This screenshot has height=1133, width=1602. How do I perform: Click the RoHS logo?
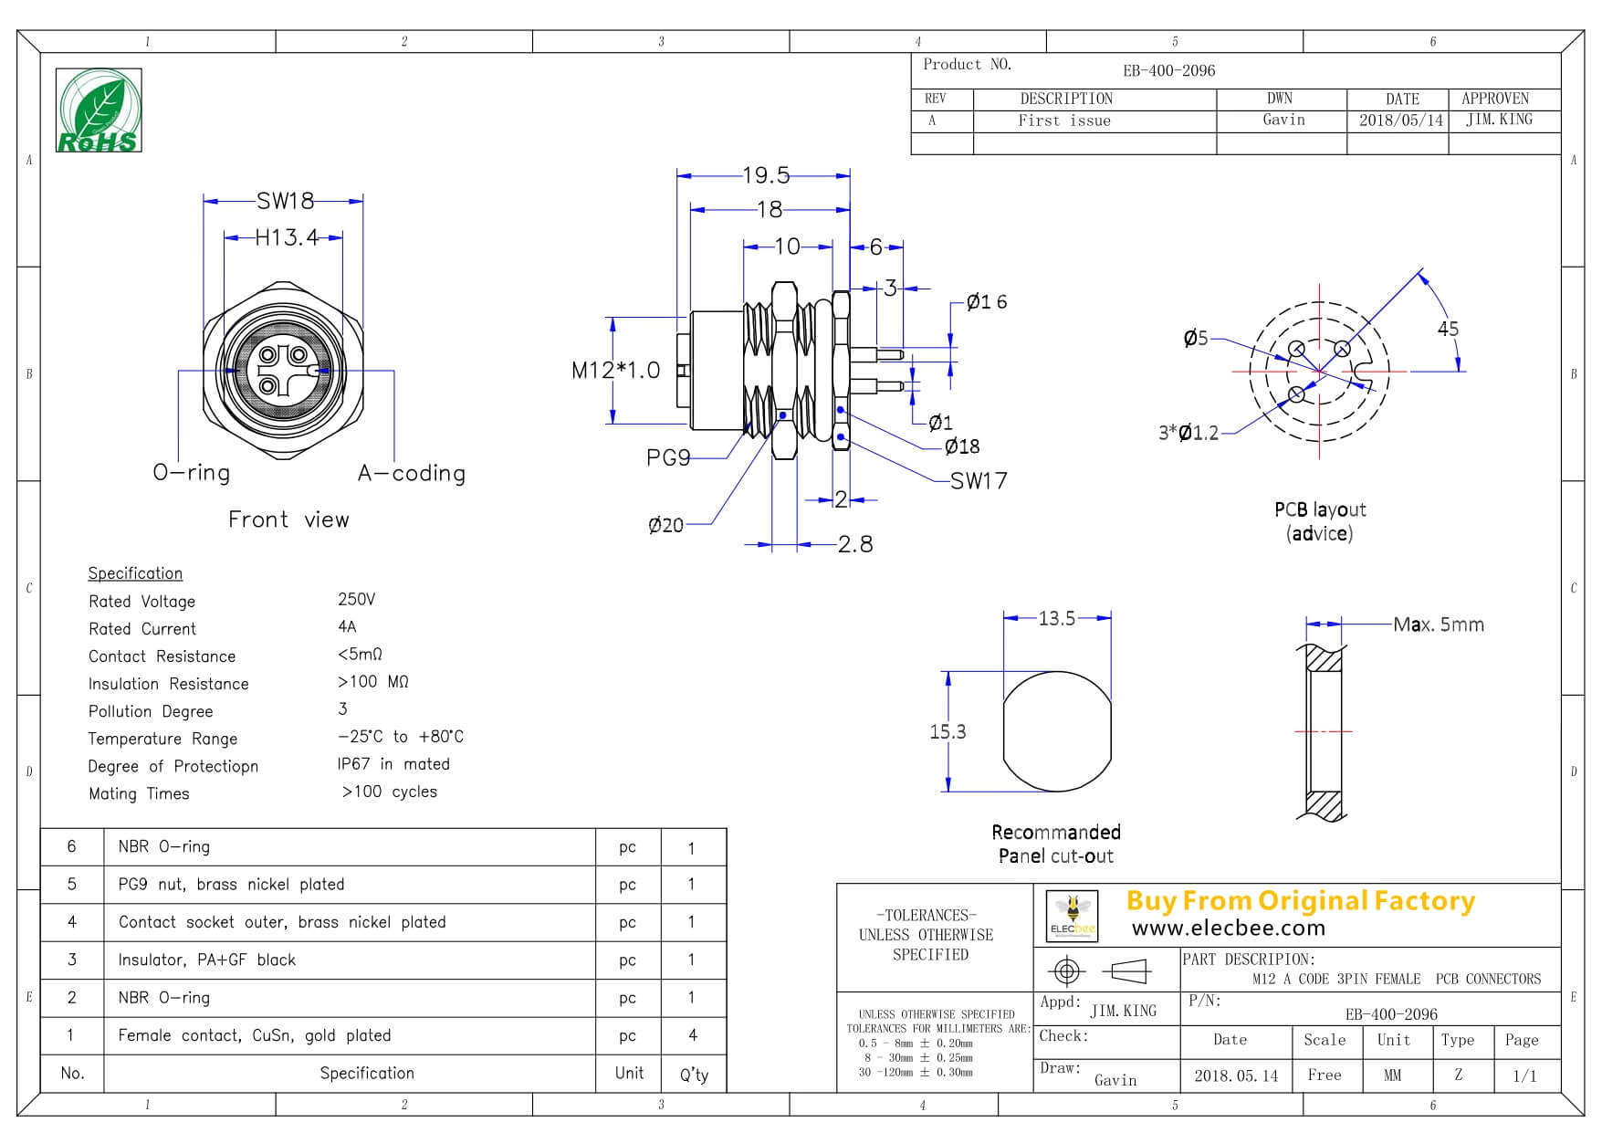tap(99, 110)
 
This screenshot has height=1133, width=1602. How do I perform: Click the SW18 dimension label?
tap(285, 200)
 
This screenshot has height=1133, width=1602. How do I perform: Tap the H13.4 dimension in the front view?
tap(286, 237)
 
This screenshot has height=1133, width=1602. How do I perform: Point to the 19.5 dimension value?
tap(765, 174)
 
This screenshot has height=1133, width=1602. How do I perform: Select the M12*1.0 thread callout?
tap(615, 370)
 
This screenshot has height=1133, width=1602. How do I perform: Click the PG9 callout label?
tap(668, 457)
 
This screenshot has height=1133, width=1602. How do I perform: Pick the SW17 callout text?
tap(979, 481)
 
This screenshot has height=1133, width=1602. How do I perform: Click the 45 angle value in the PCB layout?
tap(1448, 329)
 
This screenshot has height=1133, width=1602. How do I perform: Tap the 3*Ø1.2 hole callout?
tap(1188, 433)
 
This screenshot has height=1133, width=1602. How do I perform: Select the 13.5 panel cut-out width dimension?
tap(1056, 618)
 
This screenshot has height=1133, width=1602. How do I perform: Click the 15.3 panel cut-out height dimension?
tap(948, 731)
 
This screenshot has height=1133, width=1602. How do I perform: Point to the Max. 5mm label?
tap(1439, 624)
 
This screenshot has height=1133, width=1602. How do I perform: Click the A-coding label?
tap(412, 473)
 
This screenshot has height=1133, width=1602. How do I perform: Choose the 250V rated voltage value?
tap(356, 599)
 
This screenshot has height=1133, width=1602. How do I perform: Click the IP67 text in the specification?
tap(353, 764)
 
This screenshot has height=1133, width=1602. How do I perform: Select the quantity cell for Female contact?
tap(693, 1035)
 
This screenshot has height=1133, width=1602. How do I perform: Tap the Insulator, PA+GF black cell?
tap(207, 960)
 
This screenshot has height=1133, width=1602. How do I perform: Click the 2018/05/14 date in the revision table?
tap(1401, 121)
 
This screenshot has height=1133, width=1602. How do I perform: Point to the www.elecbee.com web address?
tap(1228, 928)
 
